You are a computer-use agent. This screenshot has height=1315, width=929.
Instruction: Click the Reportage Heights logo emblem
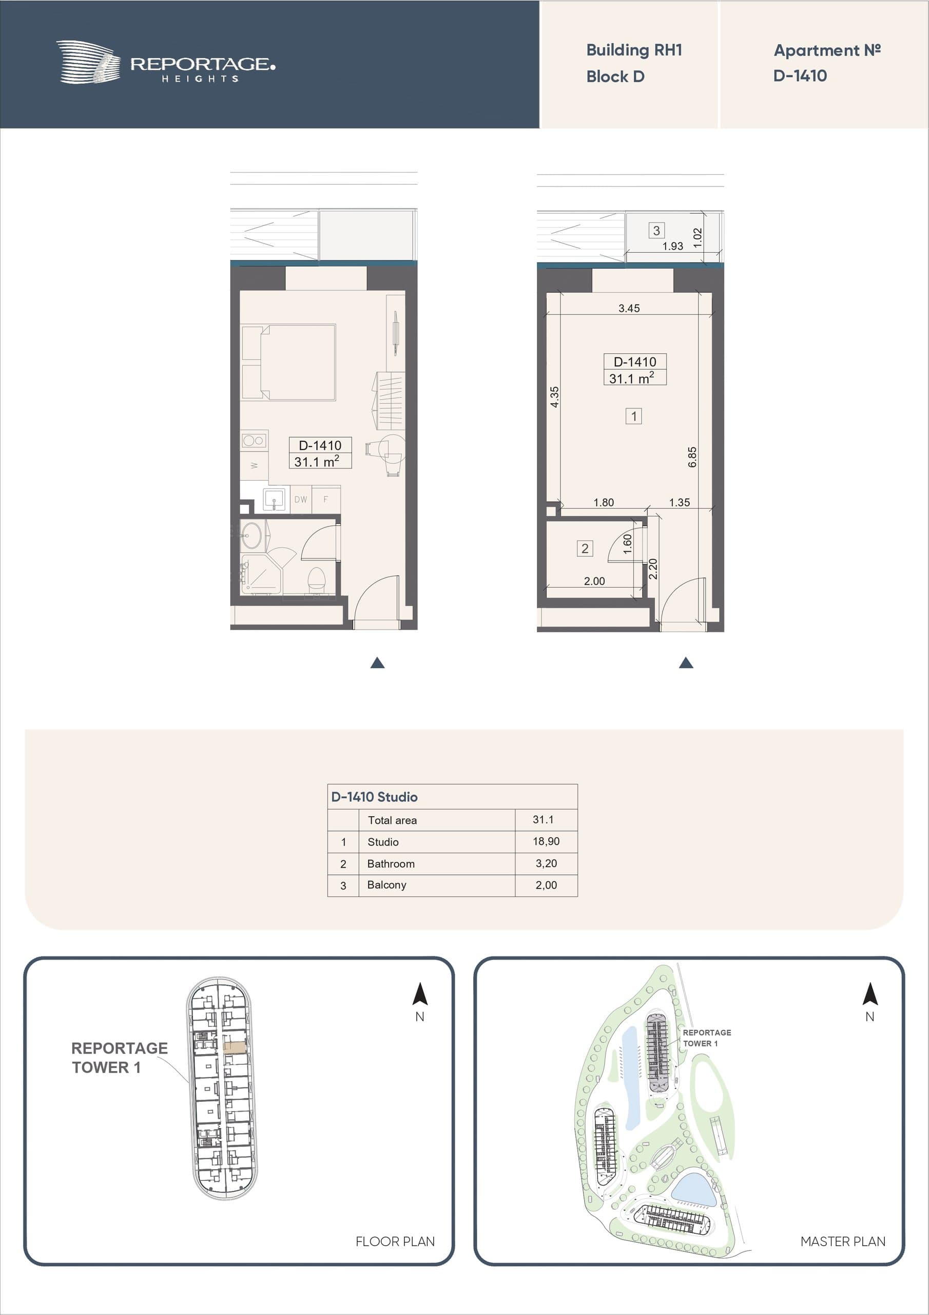(x=88, y=62)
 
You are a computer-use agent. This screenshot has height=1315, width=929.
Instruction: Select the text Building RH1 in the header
(x=634, y=50)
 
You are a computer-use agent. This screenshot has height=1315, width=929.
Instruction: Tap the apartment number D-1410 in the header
(x=800, y=76)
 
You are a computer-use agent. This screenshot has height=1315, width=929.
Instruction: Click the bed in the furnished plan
(x=289, y=362)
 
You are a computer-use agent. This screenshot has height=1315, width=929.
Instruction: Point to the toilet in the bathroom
(x=316, y=579)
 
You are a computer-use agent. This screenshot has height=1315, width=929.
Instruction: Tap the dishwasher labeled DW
(x=300, y=499)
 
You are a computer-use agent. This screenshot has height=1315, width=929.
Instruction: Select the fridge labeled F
(x=326, y=499)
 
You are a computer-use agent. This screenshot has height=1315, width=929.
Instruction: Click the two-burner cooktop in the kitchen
(x=254, y=440)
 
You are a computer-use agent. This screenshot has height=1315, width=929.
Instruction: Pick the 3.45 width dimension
(x=629, y=308)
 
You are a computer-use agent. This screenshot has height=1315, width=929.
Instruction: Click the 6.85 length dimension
(x=692, y=457)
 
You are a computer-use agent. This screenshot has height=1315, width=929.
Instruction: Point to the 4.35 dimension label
(x=554, y=397)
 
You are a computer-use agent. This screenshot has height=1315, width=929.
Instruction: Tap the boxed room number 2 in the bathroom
(x=585, y=549)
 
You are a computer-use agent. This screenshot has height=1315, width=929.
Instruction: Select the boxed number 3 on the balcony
(x=656, y=230)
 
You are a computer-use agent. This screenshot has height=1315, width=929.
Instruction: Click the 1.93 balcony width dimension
(x=672, y=246)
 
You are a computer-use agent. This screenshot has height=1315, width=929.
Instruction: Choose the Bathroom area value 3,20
(x=546, y=863)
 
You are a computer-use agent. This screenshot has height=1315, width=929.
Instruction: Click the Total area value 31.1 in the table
(x=543, y=820)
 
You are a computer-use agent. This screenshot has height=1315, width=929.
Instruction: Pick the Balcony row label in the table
(x=386, y=885)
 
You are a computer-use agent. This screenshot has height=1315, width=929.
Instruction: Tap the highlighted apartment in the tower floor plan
(x=235, y=1047)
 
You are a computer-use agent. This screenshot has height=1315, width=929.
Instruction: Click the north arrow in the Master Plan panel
(x=869, y=994)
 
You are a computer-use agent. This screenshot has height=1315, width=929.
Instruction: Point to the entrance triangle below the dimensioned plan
(x=686, y=663)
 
